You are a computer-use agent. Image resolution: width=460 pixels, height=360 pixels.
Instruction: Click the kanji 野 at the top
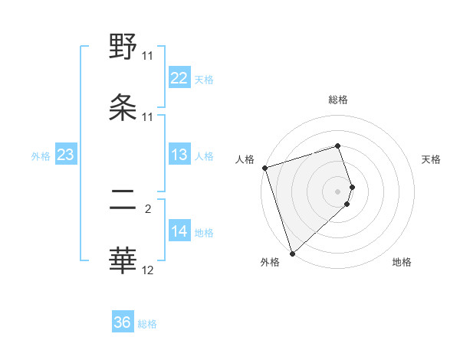click(123, 47)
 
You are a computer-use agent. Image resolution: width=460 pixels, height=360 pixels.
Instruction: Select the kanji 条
click(123, 107)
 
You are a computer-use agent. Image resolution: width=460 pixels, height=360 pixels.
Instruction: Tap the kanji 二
click(123, 201)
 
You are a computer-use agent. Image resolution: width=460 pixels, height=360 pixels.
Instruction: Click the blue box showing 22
click(179, 78)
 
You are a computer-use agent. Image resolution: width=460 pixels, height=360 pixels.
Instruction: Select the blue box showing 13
click(179, 155)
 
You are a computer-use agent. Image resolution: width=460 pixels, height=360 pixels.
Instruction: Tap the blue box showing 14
click(179, 231)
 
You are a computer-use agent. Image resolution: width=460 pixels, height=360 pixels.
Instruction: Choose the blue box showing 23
click(66, 155)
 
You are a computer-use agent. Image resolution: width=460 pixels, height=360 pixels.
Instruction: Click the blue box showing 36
click(123, 322)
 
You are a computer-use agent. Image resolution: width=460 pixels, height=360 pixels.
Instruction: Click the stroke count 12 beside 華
click(148, 270)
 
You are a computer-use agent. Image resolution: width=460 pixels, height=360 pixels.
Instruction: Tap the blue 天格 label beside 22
click(204, 79)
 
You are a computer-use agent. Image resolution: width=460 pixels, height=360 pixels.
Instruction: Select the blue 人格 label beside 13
click(204, 155)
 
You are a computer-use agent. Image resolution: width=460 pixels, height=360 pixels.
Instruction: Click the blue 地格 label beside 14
click(204, 232)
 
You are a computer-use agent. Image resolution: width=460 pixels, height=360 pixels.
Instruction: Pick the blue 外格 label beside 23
click(41, 155)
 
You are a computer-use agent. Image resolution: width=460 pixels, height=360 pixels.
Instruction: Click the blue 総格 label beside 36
click(147, 324)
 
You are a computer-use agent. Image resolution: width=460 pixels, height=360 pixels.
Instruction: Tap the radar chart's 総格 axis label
click(338, 100)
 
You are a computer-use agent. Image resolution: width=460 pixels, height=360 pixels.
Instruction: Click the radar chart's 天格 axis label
click(432, 159)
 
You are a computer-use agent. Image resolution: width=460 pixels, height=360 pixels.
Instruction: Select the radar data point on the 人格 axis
click(264, 168)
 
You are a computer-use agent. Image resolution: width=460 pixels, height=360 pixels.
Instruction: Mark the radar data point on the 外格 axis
click(292, 253)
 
